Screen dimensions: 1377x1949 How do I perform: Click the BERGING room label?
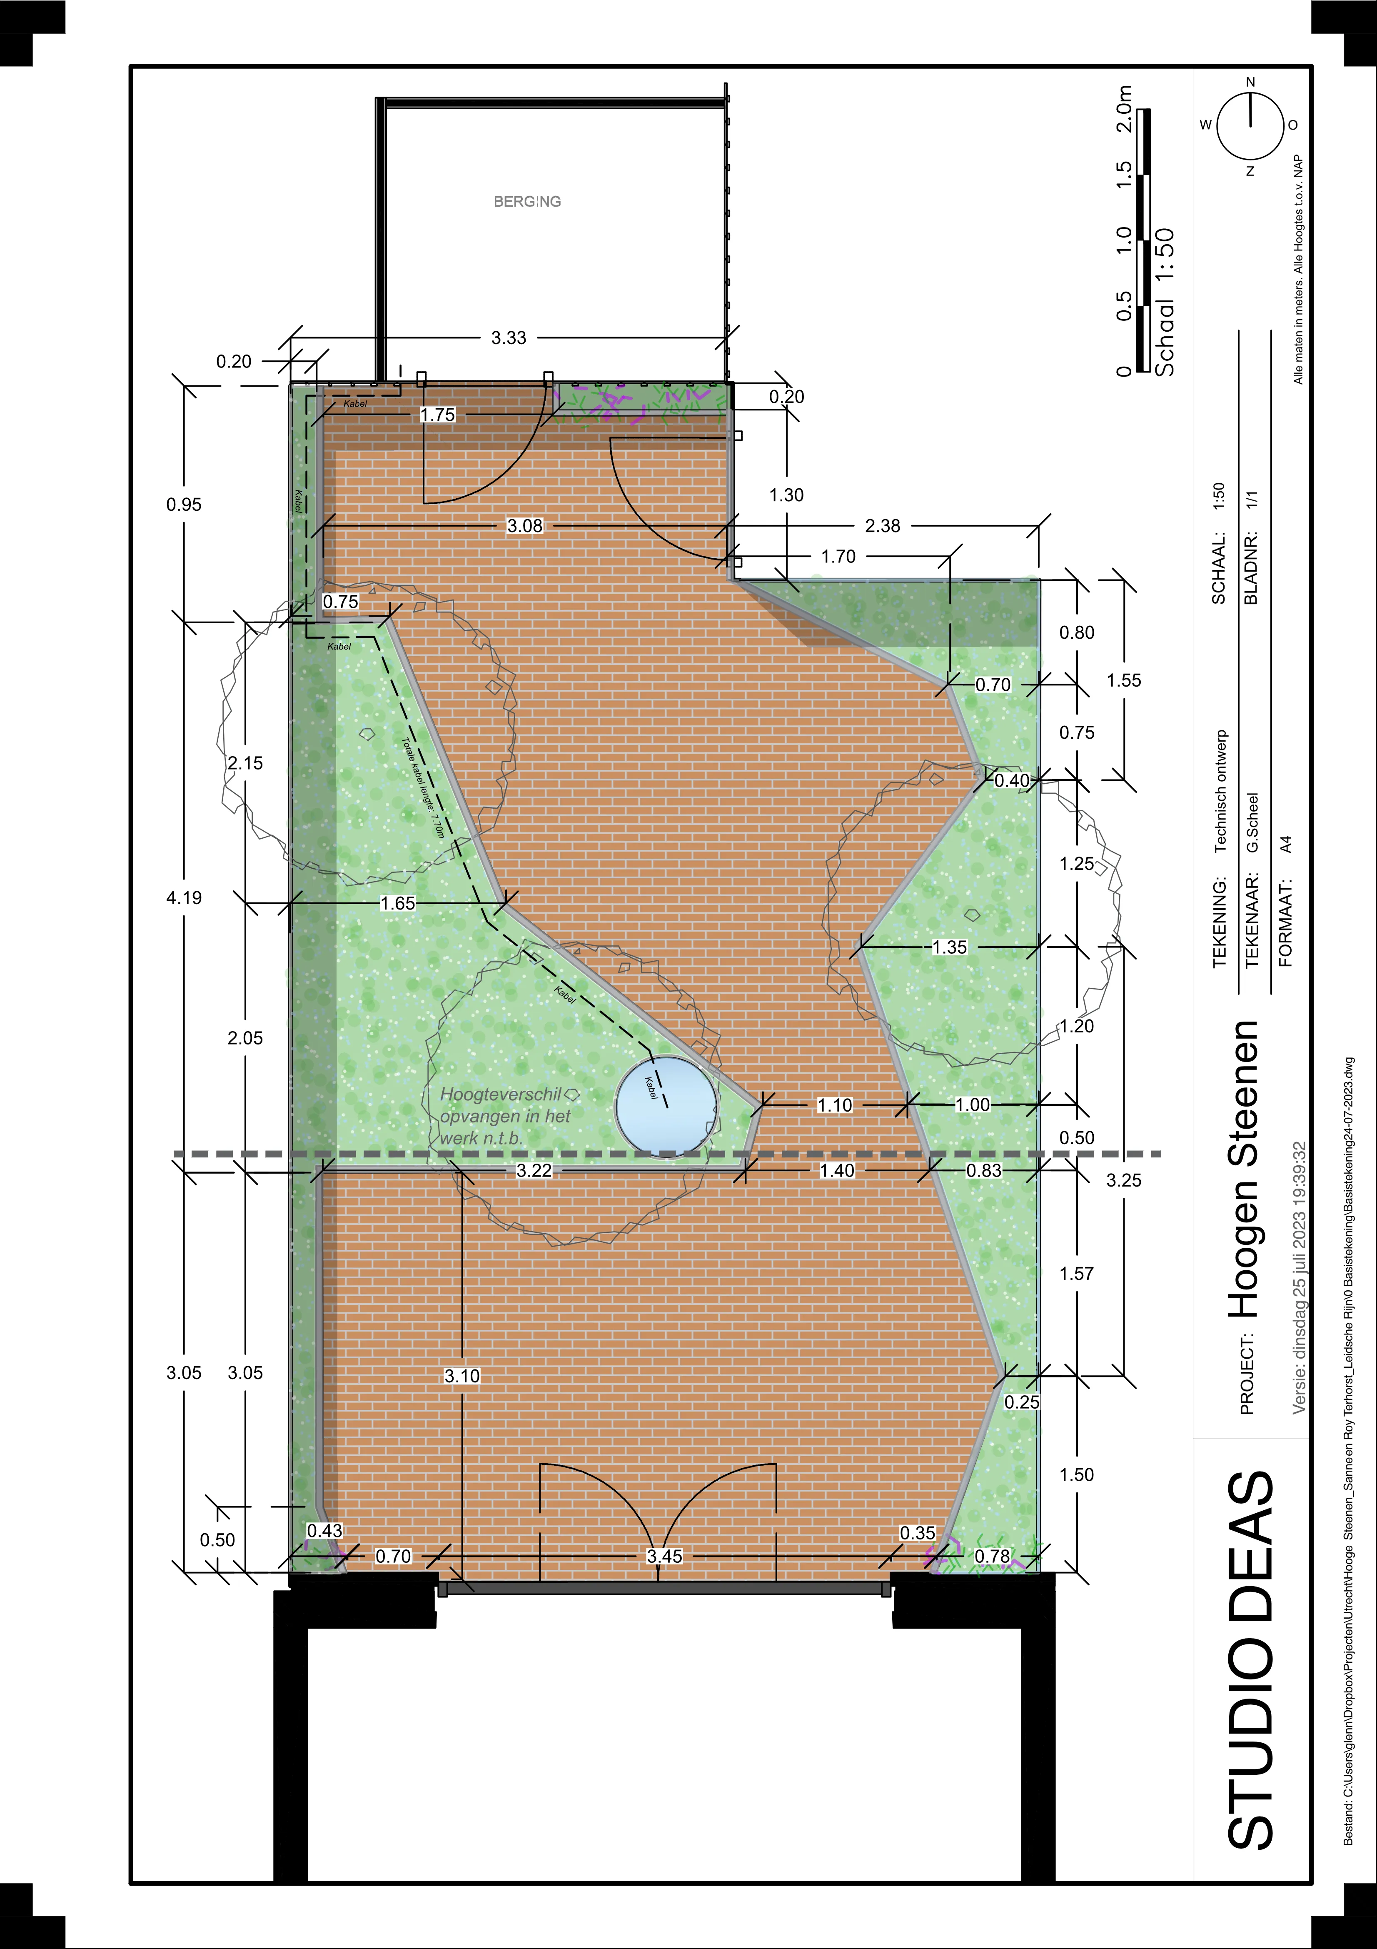click(x=527, y=201)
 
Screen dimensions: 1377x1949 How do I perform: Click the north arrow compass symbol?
click(x=1250, y=126)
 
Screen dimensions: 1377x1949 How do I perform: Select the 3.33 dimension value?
click(x=509, y=338)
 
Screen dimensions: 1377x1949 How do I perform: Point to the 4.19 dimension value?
click(x=184, y=897)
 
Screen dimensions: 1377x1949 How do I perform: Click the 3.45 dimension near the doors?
click(x=664, y=1556)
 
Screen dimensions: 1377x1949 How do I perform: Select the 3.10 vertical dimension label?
click(x=462, y=1376)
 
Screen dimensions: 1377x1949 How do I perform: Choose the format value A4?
click(x=1286, y=845)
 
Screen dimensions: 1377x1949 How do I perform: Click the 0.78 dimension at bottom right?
click(x=992, y=1556)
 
